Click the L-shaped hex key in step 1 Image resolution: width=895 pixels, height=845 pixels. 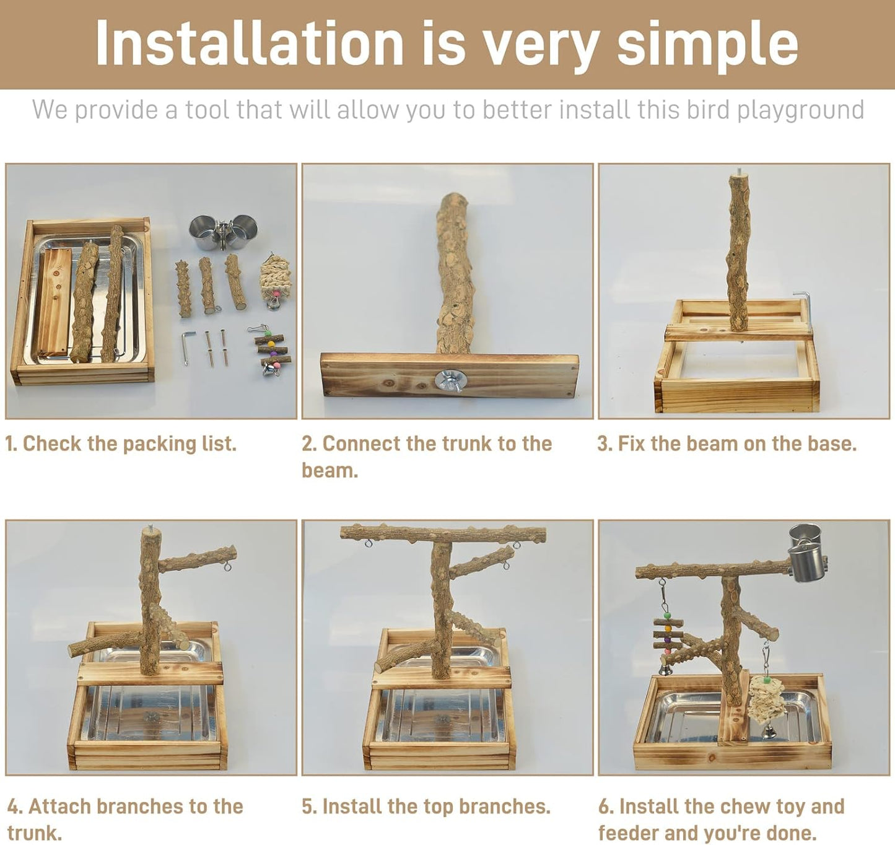click(x=188, y=346)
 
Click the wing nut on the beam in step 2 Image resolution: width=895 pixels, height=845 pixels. click(x=448, y=380)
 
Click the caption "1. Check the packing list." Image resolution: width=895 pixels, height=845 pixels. click(x=121, y=444)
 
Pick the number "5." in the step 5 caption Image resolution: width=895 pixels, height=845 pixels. click(x=309, y=807)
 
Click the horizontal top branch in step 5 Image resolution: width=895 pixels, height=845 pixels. click(x=443, y=533)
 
